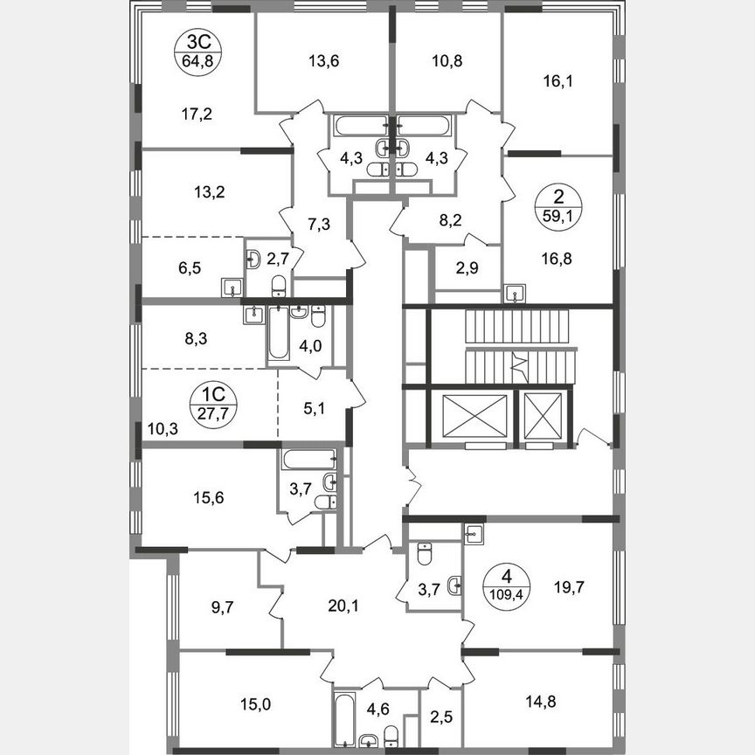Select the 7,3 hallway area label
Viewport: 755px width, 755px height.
pyautogui.click(x=320, y=225)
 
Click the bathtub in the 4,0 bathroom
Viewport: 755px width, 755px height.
pyautogui.click(x=279, y=334)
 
